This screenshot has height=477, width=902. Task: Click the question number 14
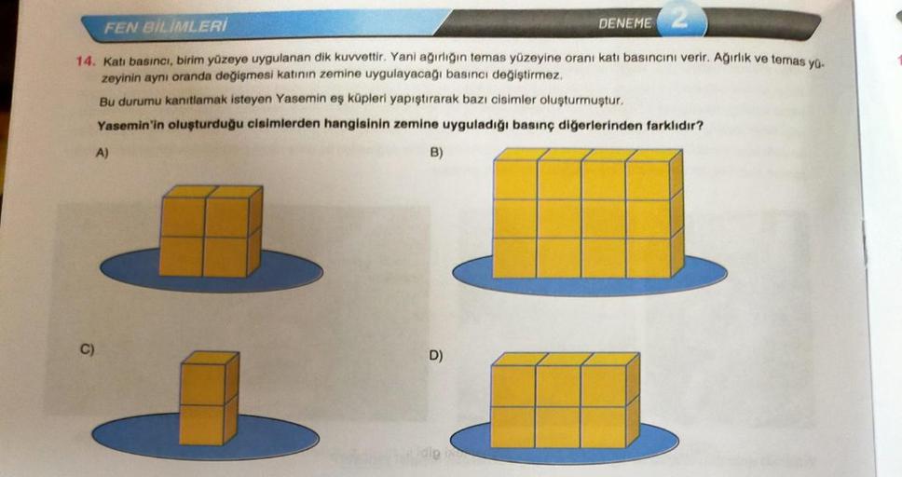pos(86,61)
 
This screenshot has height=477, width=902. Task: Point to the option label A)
pos(104,155)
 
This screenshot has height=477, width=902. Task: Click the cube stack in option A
pos(210,231)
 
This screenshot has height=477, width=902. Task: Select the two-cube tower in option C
pos(208,398)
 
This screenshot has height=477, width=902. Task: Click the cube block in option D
pos(564,400)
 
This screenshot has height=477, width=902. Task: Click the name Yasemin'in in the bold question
pos(129,126)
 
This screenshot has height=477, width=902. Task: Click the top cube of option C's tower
pos(208,377)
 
